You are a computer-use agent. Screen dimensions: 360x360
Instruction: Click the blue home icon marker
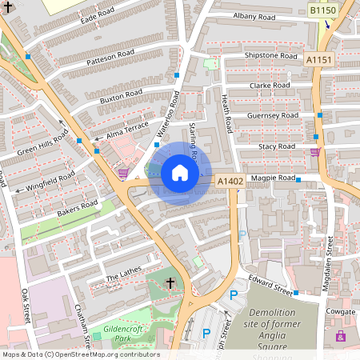(180, 173)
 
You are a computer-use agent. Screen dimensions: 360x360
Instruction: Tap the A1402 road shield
(230, 182)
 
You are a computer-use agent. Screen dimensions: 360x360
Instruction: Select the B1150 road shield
(323, 10)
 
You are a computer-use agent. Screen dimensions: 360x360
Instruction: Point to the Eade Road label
(98, 12)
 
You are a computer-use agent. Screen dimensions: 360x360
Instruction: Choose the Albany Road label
(254, 16)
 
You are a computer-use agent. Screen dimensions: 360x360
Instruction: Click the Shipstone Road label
(270, 56)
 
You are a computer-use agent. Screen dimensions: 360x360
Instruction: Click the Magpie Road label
(273, 178)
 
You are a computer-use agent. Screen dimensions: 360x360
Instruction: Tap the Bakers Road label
(77, 209)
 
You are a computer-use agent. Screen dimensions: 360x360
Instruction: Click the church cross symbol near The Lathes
(170, 283)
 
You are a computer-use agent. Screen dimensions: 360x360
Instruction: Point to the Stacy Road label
(277, 147)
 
